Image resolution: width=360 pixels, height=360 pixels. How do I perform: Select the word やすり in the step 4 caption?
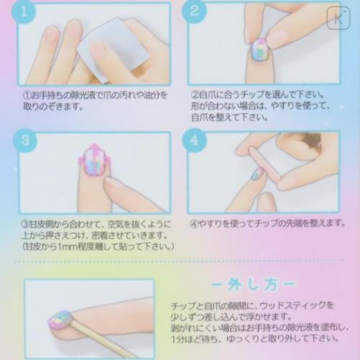pos(214,223)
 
